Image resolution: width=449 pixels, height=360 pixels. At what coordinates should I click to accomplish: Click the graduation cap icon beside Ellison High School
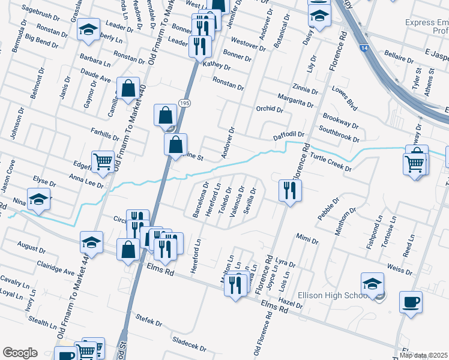[x=372, y=284]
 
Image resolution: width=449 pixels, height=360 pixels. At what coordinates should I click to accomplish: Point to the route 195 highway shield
[x=184, y=104]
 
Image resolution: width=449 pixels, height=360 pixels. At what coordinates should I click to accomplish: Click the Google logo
[x=20, y=353]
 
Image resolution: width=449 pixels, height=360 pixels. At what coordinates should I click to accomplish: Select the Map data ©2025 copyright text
[x=424, y=356]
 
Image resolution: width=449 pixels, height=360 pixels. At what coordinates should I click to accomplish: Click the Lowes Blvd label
[x=345, y=100]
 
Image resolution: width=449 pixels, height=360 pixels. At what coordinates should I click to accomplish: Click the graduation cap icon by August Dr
[x=91, y=242]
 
